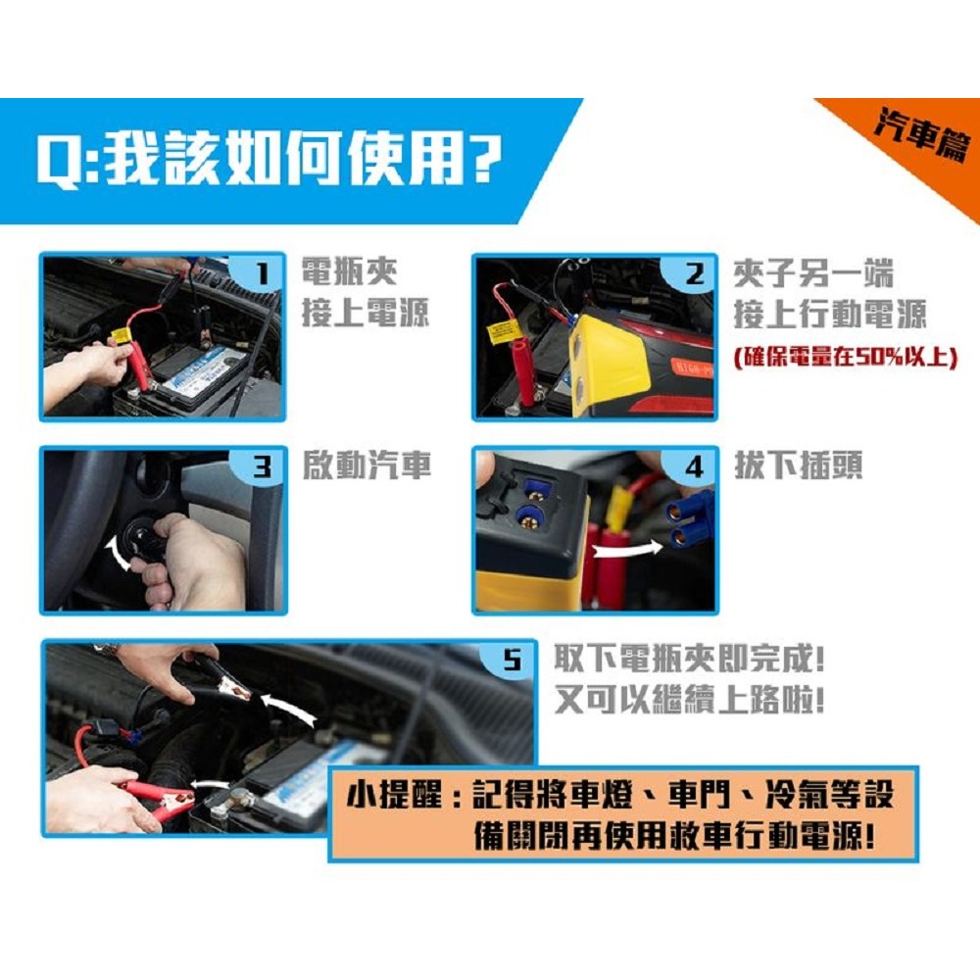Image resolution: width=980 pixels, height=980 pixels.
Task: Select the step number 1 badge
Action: [x=260, y=275]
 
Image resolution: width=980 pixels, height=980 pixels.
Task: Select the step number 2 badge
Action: [x=694, y=275]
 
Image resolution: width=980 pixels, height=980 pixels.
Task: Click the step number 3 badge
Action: [x=260, y=467]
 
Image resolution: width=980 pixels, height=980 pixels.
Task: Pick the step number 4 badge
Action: [x=694, y=467]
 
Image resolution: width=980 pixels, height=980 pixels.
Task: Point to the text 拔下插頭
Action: [x=798, y=467]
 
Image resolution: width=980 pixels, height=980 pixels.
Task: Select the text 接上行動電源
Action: [x=829, y=315]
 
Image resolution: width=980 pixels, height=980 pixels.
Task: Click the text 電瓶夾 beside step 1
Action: [x=349, y=272]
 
